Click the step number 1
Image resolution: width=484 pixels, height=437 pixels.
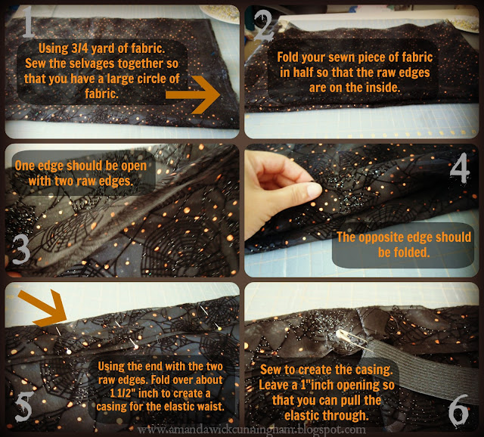click(29, 22)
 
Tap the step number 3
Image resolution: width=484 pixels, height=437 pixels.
click(21, 249)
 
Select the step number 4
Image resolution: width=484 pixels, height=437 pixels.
click(460, 170)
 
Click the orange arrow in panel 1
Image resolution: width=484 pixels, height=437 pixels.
click(194, 95)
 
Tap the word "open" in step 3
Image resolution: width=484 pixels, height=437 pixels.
click(134, 166)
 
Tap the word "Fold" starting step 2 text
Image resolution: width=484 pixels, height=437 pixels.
click(288, 57)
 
